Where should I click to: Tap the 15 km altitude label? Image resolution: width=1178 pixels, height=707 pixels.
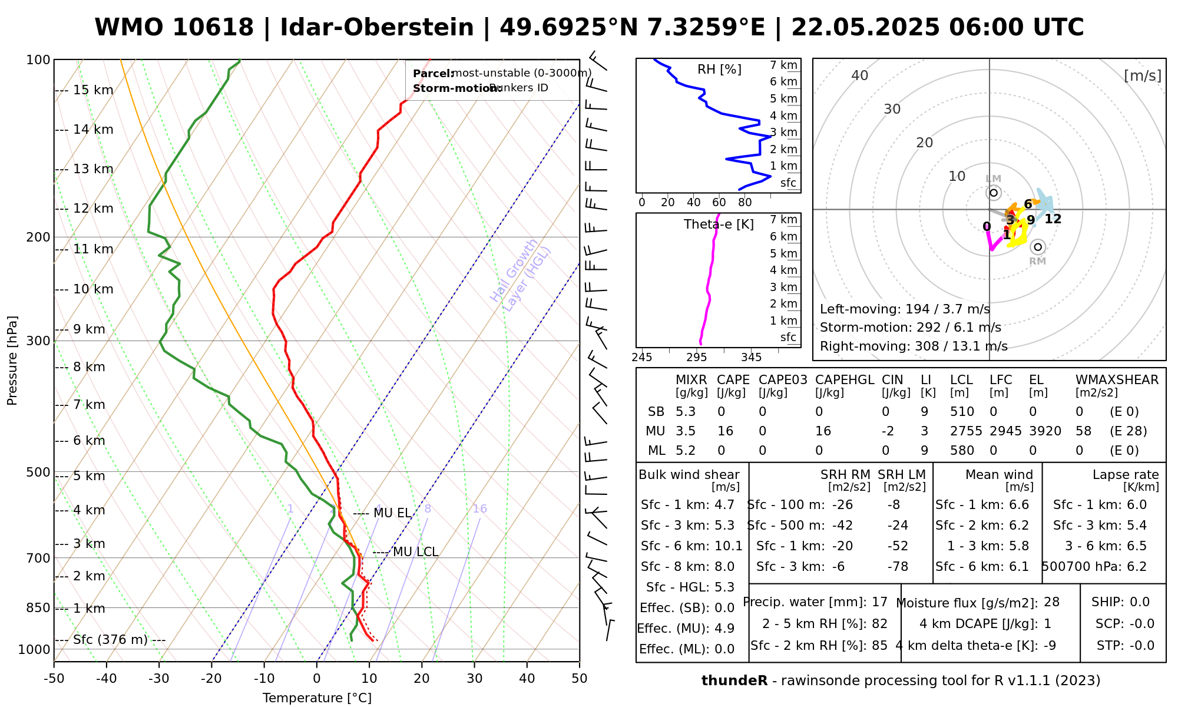(x=93, y=90)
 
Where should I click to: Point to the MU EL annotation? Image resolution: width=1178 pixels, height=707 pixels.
(x=392, y=513)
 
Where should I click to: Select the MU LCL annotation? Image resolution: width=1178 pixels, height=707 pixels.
(x=415, y=552)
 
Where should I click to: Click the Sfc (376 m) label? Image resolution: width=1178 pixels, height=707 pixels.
(x=110, y=640)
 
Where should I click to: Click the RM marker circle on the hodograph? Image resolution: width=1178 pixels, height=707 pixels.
(x=1038, y=247)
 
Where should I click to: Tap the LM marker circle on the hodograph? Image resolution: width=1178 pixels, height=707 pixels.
(x=994, y=193)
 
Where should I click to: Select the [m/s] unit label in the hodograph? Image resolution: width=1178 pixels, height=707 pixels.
(x=1143, y=76)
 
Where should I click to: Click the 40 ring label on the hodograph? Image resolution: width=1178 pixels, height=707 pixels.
(x=860, y=75)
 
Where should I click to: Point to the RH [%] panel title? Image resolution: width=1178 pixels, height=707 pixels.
(x=719, y=70)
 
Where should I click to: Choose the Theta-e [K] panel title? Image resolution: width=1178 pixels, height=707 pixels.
(x=719, y=224)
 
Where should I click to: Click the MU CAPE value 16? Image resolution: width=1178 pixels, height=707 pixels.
(x=725, y=431)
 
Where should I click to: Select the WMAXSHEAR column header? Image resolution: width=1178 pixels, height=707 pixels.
(x=1117, y=380)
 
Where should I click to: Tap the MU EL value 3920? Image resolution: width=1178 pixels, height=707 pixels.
(x=1045, y=431)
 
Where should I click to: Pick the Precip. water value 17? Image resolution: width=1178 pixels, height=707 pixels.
(x=879, y=602)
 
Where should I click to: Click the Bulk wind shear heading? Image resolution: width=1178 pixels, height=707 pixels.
(x=689, y=475)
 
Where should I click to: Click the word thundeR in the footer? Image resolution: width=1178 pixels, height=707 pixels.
(x=734, y=681)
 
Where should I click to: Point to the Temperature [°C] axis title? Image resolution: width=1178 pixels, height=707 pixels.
(x=317, y=698)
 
